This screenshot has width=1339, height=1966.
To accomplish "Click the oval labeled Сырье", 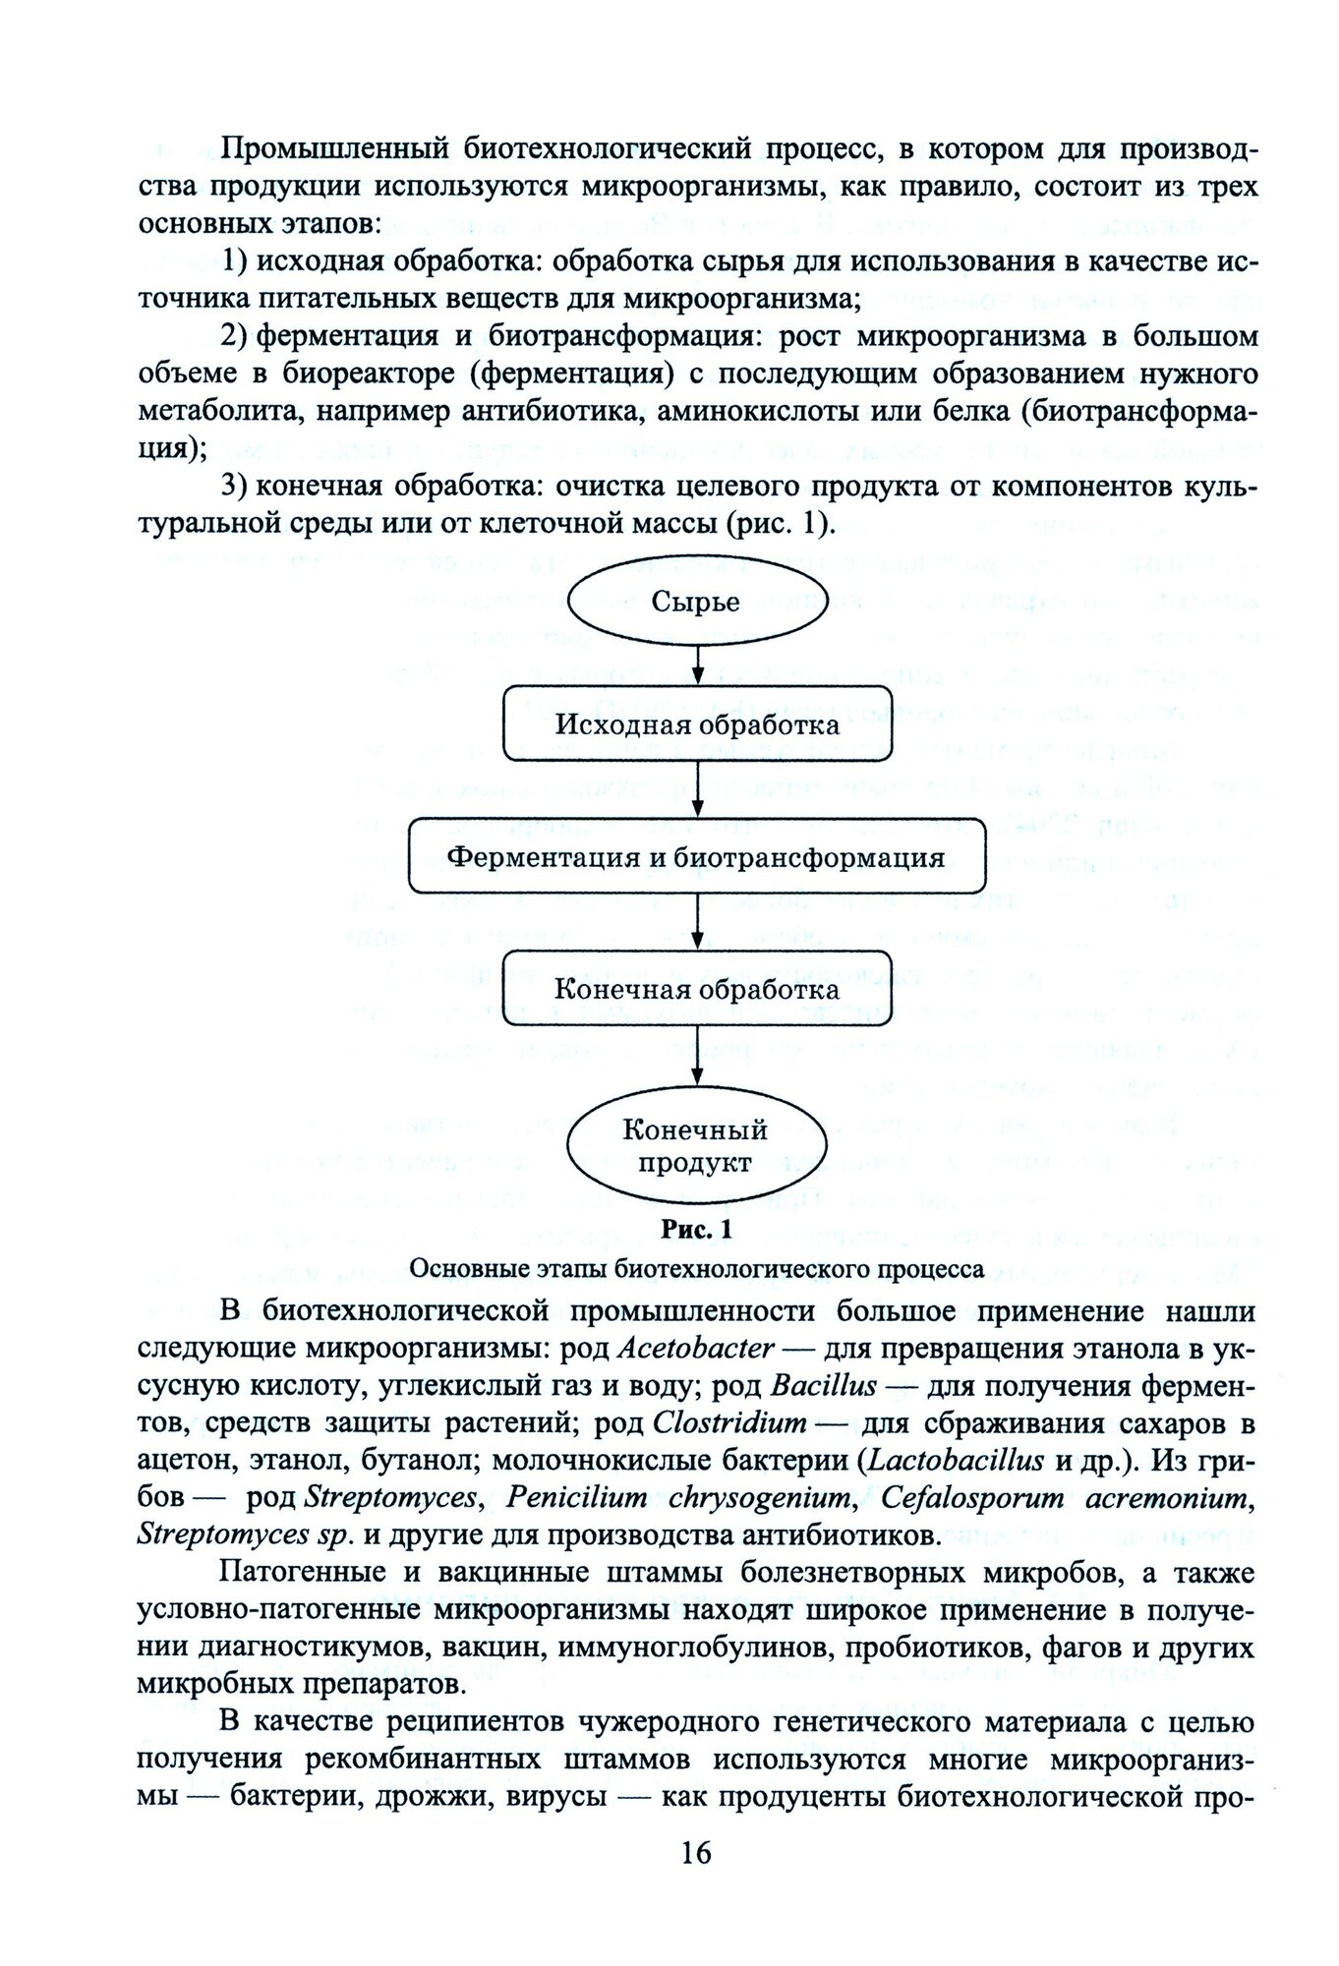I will [x=696, y=601].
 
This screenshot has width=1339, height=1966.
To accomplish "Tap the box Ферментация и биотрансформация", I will [x=697, y=856].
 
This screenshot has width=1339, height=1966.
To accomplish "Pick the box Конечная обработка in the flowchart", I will [x=697, y=988].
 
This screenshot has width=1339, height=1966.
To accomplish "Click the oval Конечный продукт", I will [x=695, y=1145].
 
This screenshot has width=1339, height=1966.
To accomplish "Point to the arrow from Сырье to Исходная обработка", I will [x=697, y=662].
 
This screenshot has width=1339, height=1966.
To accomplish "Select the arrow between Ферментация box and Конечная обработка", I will [x=697, y=922].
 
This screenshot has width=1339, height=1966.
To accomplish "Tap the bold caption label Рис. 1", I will [x=696, y=1229].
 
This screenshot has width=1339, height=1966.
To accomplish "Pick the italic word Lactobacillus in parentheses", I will [x=956, y=1460].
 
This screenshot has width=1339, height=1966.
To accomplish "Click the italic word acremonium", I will [x=1170, y=1497].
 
